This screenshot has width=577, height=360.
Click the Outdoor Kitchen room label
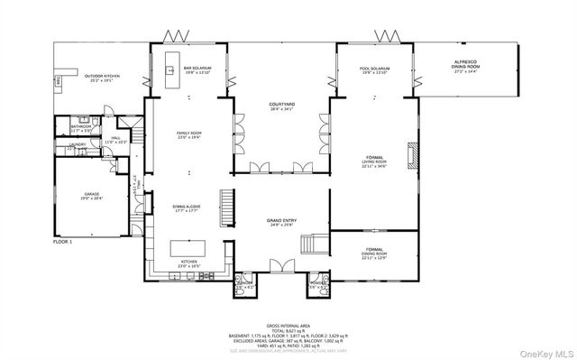[x=100, y=78]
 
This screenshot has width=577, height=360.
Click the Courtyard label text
[x=281, y=107]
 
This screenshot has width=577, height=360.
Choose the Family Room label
[x=188, y=135]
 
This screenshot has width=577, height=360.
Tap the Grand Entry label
[x=281, y=221]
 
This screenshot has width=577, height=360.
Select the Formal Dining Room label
[x=373, y=252]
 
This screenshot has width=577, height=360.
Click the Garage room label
[x=92, y=195]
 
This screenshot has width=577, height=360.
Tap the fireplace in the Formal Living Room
[x=412, y=155]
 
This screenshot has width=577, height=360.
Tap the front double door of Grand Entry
[x=281, y=264]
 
